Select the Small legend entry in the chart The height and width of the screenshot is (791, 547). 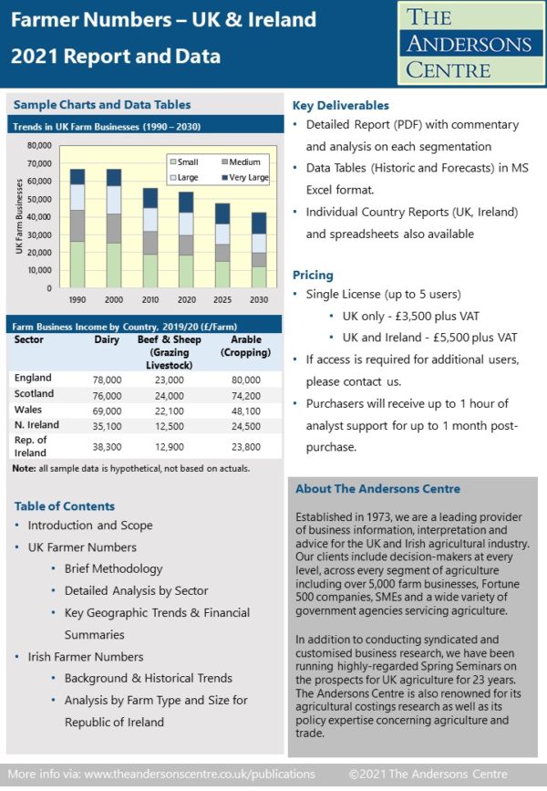pos(188,161)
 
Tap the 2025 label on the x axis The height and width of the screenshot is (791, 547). pos(222,299)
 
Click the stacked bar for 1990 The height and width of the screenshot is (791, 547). pos(77,228)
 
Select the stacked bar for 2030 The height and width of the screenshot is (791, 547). pos(260,250)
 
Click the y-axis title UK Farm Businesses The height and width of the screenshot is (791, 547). pos(19,217)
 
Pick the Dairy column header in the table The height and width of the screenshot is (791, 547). pos(107,340)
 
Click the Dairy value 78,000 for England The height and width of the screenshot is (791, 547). pos(107,379)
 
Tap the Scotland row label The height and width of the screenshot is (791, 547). pos(35,394)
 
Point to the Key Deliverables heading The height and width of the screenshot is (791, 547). pos(340,106)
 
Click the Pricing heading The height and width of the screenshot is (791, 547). pos(313,275)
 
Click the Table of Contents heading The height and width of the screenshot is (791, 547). pos(65,506)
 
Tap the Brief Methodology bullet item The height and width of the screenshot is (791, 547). pos(113,568)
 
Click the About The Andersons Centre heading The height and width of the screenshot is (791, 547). pos(377,489)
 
